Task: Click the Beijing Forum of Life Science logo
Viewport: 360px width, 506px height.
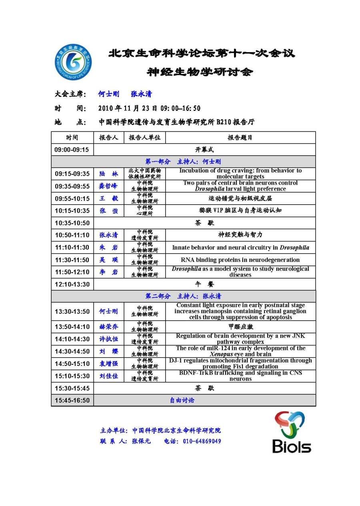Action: [73, 62]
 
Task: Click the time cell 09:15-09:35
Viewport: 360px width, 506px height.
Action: [72, 174]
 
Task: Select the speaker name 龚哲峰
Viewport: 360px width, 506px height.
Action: [109, 186]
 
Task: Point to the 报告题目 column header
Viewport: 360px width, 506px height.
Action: [240, 137]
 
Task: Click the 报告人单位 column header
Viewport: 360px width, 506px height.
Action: [144, 137]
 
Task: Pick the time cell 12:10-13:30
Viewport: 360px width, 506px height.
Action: [72, 284]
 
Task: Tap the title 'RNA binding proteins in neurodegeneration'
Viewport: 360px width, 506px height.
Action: [240, 260]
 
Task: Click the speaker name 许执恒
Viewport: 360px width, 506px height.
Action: [109, 339]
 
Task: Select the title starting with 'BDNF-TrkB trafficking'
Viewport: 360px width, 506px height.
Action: [240, 376]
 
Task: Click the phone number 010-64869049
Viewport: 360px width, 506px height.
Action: [202, 441]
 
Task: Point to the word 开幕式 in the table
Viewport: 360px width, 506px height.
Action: [204, 150]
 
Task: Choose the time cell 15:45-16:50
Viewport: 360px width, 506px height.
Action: [72, 400]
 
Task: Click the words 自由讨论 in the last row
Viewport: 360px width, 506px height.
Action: [182, 400]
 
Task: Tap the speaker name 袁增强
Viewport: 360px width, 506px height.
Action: [109, 363]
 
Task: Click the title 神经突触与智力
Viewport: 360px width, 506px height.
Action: [240, 235]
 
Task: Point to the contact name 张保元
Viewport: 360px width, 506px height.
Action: [141, 441]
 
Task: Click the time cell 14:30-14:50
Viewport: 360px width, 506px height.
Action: [72, 351]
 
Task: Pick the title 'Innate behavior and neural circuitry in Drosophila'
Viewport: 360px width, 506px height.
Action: [240, 247]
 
